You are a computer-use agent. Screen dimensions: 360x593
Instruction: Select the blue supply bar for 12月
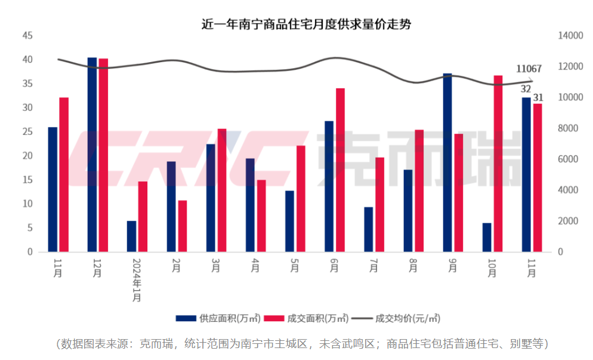pyautogui.click(x=92, y=155)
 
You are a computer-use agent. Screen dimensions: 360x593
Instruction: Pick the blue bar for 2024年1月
pyautogui.click(x=131, y=236)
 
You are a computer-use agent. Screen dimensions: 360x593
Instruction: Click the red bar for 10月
pyautogui.click(x=498, y=164)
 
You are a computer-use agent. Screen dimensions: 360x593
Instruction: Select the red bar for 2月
pyautogui.click(x=183, y=226)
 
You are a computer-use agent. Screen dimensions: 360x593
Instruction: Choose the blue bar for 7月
pyautogui.click(x=368, y=229)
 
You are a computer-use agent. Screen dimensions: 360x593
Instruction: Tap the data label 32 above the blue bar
pyautogui.click(x=526, y=89)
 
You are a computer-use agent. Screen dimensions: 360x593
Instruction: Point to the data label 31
pyautogui.click(x=538, y=97)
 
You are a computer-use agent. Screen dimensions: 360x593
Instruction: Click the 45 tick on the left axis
pyautogui.click(x=27, y=36)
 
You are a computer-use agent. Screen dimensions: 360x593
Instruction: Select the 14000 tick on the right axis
pyautogui.click(x=570, y=36)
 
